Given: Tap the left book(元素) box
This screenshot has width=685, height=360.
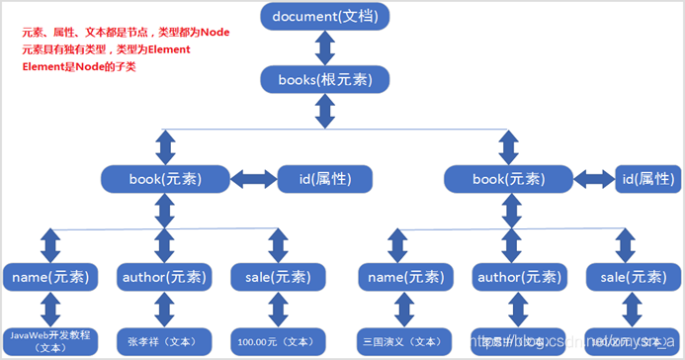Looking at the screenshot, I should click(x=165, y=179).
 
